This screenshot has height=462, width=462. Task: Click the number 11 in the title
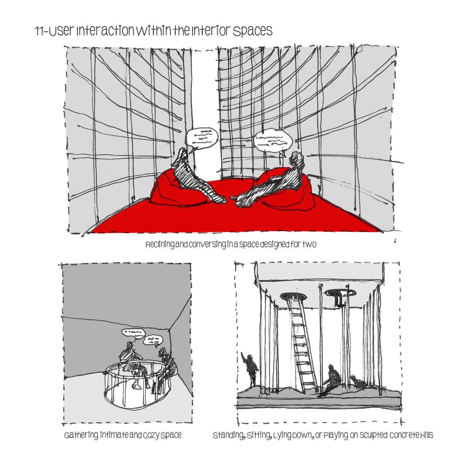point(39,31)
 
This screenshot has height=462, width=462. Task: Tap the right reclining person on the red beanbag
point(271,181)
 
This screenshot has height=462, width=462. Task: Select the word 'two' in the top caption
point(309,244)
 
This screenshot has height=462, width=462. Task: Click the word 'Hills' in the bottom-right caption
point(426,435)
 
